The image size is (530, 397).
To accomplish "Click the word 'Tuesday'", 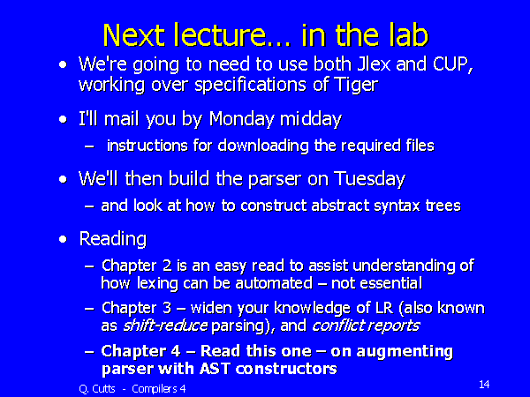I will pos(364,179).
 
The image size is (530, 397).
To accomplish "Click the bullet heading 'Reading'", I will pos(112,239).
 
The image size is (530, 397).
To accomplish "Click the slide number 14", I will pos(483,385).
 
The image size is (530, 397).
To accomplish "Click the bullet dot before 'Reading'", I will pos(62,240).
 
